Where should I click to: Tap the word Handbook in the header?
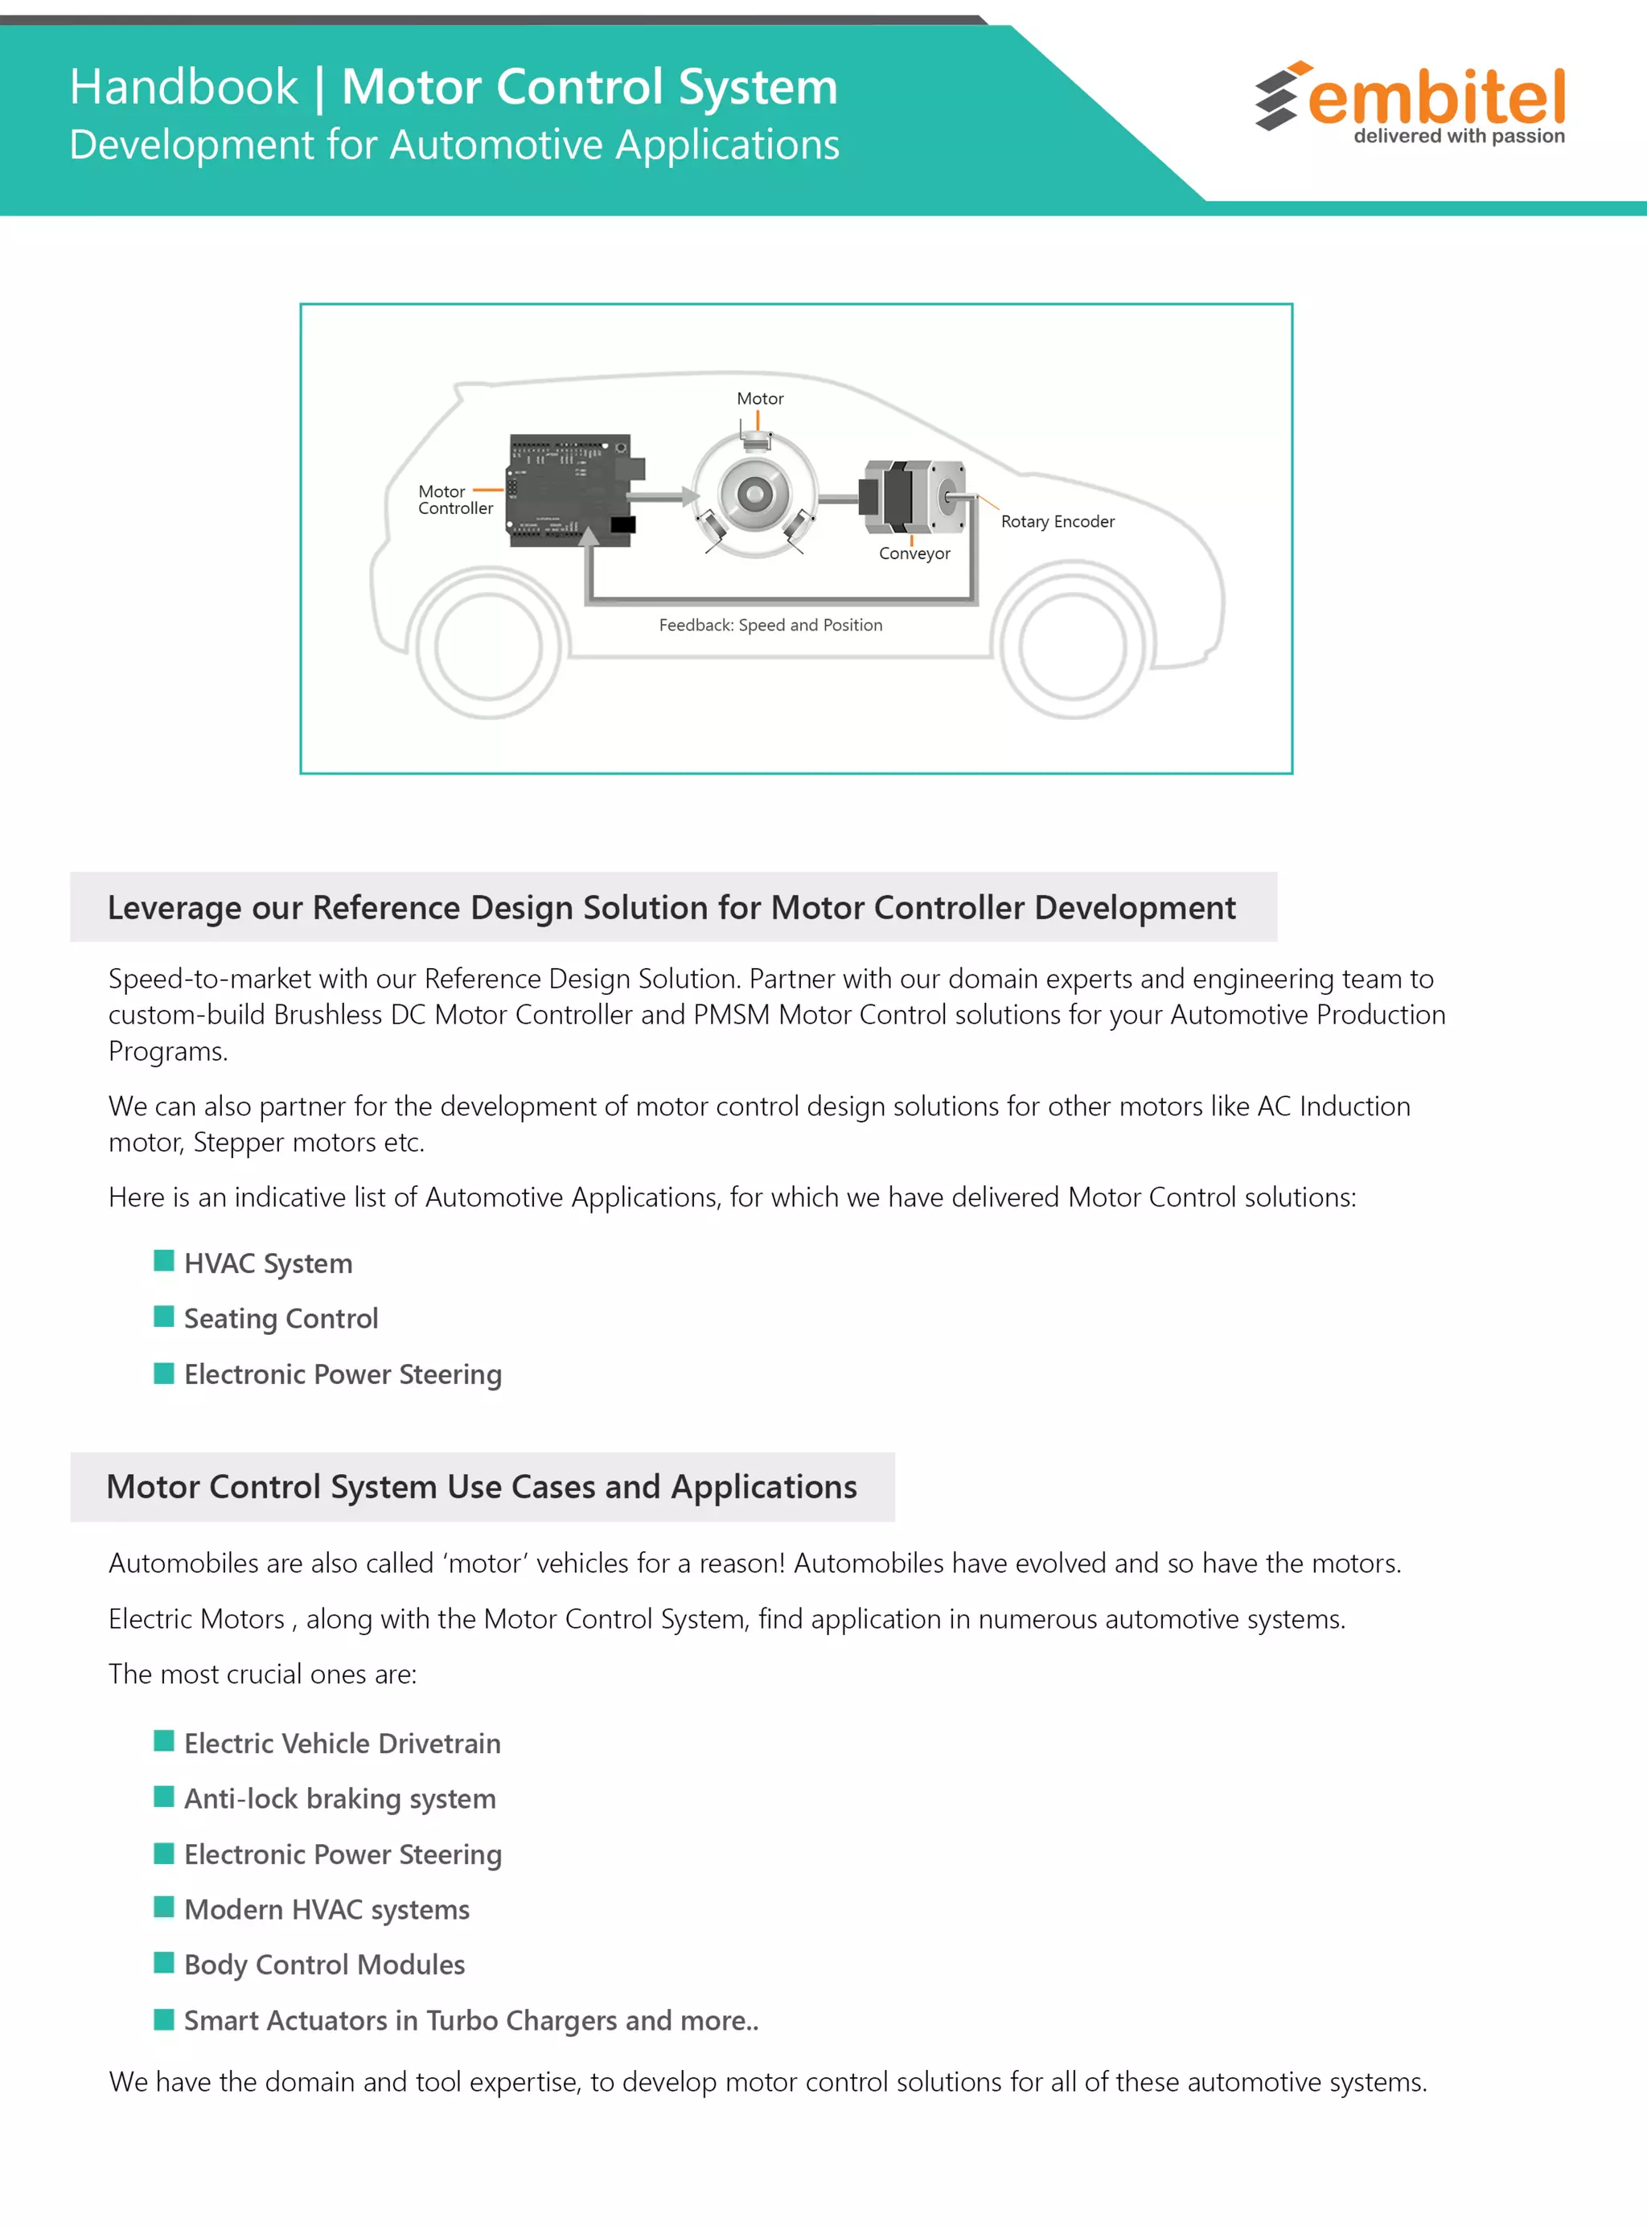pos(183,88)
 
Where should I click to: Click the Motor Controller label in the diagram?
pos(454,499)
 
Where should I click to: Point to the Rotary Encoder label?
pos(1057,521)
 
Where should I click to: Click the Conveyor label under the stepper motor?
pos(914,553)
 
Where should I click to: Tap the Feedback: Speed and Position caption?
pos(770,625)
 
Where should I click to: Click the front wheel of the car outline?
pos(1072,646)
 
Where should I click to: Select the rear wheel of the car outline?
pos(487,646)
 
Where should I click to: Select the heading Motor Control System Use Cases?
pos(482,1486)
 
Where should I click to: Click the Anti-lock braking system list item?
pos(339,1798)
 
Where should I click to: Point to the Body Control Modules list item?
pos(324,1965)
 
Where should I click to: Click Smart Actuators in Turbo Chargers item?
pos(470,2021)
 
